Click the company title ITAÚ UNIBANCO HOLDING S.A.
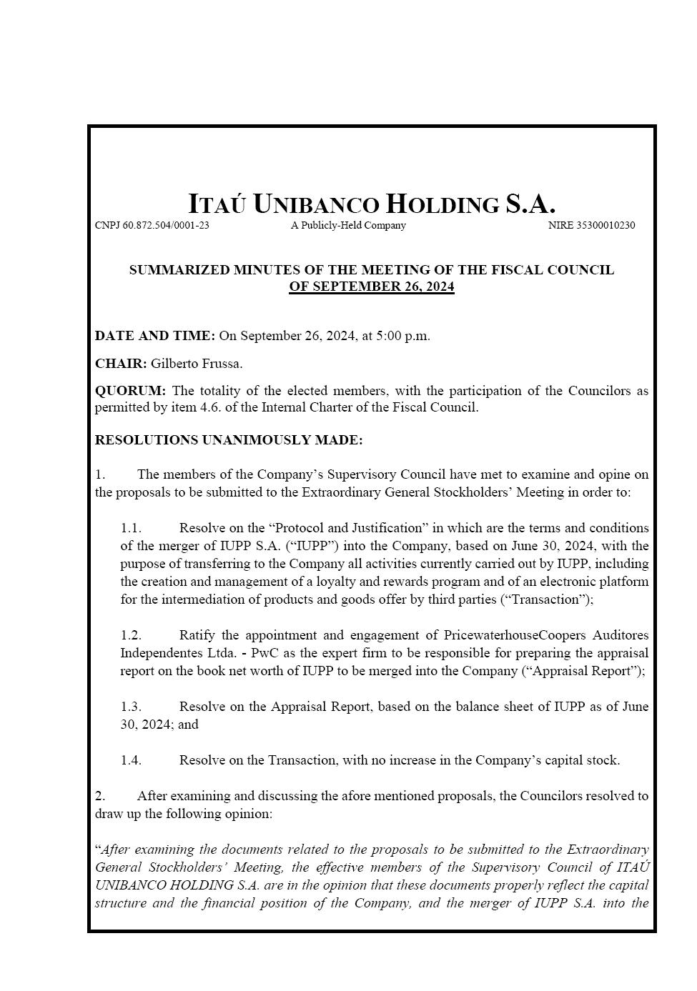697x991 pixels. click(372, 204)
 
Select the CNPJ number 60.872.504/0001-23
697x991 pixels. click(166, 226)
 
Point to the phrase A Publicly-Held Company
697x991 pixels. click(348, 226)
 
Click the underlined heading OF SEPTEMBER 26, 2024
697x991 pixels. click(372, 287)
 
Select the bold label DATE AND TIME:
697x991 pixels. click(154, 336)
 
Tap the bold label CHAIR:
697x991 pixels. click(121, 364)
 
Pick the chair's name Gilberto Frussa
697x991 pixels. click(197, 364)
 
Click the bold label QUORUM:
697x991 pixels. click(130, 391)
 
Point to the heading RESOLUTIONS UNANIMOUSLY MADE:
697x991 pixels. click(229, 440)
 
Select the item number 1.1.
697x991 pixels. click(131, 528)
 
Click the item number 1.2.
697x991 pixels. click(131, 635)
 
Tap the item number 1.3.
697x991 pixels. click(131, 707)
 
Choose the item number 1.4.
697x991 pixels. click(131, 760)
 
